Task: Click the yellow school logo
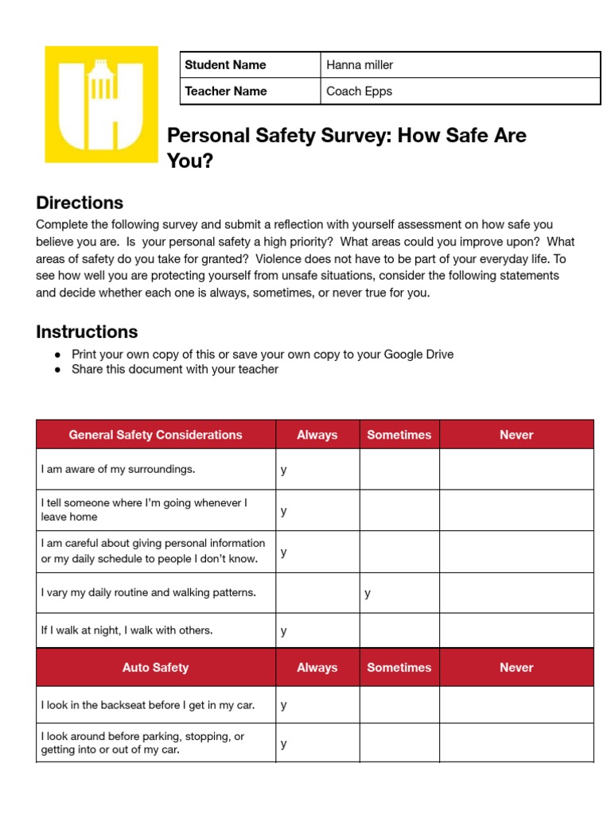[101, 104]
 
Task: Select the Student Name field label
[225, 65]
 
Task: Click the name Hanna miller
[360, 65]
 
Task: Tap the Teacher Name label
[226, 91]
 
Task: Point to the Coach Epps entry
[359, 91]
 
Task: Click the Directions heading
[80, 203]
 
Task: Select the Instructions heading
[87, 332]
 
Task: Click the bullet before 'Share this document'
[57, 370]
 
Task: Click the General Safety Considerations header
[156, 435]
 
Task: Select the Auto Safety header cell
[156, 668]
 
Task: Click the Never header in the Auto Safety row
[516, 668]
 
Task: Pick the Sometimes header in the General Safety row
[399, 435]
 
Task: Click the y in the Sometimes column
[368, 593]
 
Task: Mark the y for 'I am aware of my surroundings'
[284, 470]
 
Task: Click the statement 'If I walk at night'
[127, 630]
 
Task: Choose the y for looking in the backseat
[284, 705]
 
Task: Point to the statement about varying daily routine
[149, 593]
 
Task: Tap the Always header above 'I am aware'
[317, 435]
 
